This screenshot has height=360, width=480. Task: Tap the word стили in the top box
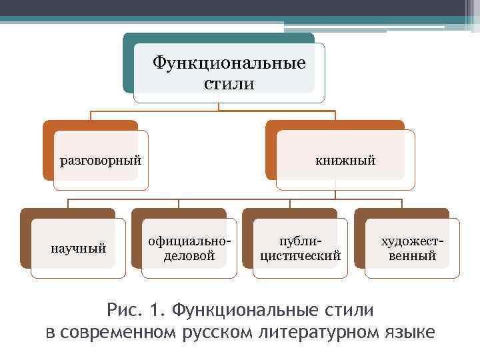tap(229, 84)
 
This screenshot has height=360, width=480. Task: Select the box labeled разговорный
tap(101, 160)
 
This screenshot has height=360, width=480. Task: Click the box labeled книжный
tap(345, 160)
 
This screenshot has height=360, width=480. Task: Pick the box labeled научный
tap(79, 249)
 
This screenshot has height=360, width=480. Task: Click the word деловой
tap(189, 255)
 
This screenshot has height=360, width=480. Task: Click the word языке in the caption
tap(408, 331)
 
